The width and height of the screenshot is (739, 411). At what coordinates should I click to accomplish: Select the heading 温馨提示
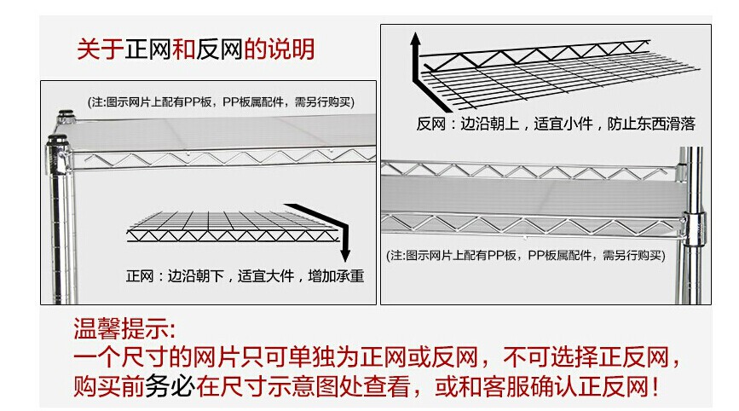[x=125, y=328]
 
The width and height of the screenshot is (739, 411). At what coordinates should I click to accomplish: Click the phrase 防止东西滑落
[x=651, y=124]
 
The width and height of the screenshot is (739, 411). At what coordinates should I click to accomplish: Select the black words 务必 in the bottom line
[x=170, y=388]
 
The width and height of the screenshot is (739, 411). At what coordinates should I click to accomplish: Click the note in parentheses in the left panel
[x=221, y=101]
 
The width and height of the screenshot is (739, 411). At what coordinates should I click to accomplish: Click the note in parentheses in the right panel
[x=525, y=255]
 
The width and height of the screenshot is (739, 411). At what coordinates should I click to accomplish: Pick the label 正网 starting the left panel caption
[x=139, y=276]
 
